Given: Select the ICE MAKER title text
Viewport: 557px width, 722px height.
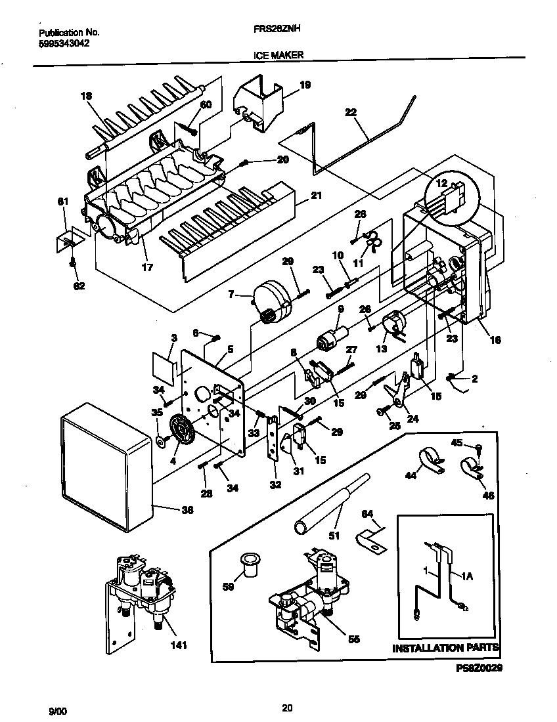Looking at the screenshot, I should (278, 56).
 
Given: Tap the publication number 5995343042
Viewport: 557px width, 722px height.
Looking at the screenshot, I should (64, 43).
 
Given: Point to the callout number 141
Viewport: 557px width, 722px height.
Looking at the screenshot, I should (178, 645).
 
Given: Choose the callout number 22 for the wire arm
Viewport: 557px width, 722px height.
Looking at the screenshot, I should (351, 112).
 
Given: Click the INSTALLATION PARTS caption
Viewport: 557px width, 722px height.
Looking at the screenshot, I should (445, 648).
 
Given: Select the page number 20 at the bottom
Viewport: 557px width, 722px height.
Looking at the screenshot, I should (286, 708).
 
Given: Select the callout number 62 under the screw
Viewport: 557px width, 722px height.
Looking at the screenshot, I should (79, 286).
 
